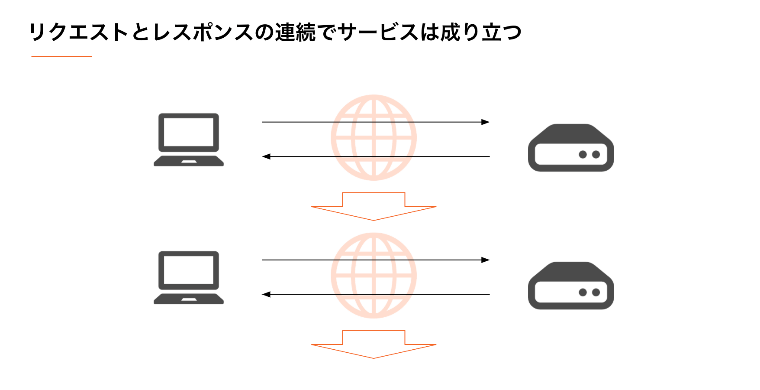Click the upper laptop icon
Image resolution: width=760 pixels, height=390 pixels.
(189, 140)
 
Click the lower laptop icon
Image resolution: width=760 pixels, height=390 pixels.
(189, 277)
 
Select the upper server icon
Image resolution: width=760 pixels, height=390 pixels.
(571, 148)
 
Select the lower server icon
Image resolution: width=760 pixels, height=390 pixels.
(571, 286)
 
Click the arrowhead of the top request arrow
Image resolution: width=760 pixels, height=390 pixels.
(486, 122)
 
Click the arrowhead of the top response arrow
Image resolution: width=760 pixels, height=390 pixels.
(266, 156)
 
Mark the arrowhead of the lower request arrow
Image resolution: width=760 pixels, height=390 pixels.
(486, 260)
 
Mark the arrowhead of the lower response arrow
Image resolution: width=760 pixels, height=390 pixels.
(266, 294)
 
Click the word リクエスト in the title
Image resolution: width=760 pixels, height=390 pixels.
(79, 32)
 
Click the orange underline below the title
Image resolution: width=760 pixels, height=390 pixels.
(61, 56)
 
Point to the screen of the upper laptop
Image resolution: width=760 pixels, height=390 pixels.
(189, 132)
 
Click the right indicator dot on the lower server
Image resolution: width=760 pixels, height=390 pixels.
(596, 292)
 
